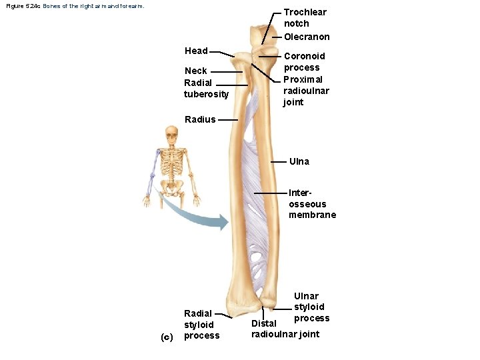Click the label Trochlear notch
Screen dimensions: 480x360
(305, 17)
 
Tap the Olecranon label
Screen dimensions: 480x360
(307, 37)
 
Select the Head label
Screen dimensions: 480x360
(196, 51)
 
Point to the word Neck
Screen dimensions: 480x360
(196, 71)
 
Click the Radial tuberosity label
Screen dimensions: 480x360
(206, 88)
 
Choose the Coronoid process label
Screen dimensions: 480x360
(305, 61)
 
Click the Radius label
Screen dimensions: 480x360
(200, 120)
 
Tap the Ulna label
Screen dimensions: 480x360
(299, 161)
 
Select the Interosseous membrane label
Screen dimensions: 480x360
(312, 203)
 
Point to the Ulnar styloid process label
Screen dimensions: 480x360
(309, 307)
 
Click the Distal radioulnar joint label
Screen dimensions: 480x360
(285, 329)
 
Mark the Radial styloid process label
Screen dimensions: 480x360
(201, 324)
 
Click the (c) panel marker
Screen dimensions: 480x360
(167, 336)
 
